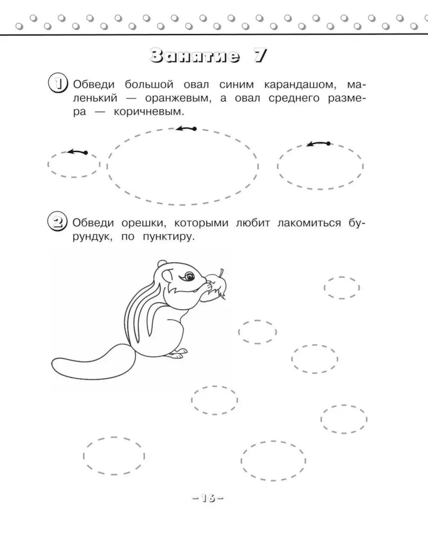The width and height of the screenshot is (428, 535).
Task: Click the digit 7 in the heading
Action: tap(260, 56)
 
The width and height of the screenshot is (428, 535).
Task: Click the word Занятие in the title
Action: tap(195, 56)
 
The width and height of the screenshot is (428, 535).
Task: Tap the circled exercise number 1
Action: tap(58, 83)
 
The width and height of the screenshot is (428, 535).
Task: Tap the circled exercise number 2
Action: tap(57, 221)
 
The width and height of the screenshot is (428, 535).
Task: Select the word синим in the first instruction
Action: tap(236, 85)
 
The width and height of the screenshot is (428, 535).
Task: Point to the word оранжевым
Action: tap(178, 99)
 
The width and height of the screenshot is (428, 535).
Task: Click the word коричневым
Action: tap(149, 112)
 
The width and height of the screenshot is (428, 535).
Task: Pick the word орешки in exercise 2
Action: tap(143, 223)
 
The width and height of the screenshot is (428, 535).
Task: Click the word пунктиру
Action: tap(169, 237)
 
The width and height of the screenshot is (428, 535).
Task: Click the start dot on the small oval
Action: tap(86, 153)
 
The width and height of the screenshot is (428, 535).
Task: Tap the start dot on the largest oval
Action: tap(195, 129)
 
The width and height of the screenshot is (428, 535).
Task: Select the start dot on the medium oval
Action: tap(328, 143)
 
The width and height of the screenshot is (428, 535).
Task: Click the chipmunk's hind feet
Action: tap(178, 354)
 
